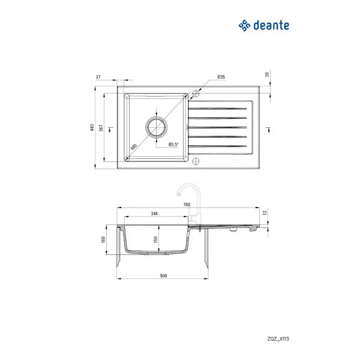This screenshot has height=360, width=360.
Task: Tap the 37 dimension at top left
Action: [x=98, y=77]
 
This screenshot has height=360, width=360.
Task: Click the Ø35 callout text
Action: [x=221, y=77]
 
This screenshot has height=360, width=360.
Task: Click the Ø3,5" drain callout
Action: [x=175, y=145]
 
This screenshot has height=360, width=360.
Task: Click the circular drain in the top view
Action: [x=156, y=127]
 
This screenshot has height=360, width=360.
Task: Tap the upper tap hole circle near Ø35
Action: [x=196, y=93]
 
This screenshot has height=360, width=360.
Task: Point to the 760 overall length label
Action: [x=187, y=205]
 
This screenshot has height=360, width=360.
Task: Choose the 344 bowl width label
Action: [x=154, y=214]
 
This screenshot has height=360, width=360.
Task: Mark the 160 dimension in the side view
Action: [x=104, y=240]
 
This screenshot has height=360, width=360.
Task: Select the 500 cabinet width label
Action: [x=163, y=276]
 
